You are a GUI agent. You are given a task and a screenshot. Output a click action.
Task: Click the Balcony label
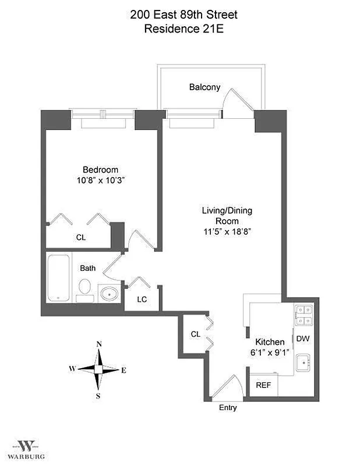coord(204,87)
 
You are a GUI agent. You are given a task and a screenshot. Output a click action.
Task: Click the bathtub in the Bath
coord(59,278)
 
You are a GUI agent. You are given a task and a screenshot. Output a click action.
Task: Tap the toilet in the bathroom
coord(85,288)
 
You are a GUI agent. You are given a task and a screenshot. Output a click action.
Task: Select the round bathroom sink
coord(108,294)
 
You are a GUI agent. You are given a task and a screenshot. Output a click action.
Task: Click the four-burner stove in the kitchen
coord(303,315)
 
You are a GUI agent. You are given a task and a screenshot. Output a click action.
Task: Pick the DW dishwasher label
coord(302,338)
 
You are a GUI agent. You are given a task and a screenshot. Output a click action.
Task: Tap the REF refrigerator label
coord(263,386)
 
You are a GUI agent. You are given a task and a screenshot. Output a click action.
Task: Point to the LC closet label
coord(142,299)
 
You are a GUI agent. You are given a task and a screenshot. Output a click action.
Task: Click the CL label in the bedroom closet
coord(80,237)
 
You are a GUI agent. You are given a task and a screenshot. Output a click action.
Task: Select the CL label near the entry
coord(196,334)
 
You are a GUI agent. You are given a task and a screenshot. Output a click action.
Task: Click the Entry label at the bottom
coord(228,408)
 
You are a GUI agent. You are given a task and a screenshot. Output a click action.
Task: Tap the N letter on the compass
coord(99,344)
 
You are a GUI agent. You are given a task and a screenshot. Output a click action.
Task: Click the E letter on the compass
coord(123,370)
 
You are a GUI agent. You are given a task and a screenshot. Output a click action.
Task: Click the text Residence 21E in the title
coord(184,27)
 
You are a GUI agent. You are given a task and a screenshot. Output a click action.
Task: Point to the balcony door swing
coord(239,99)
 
